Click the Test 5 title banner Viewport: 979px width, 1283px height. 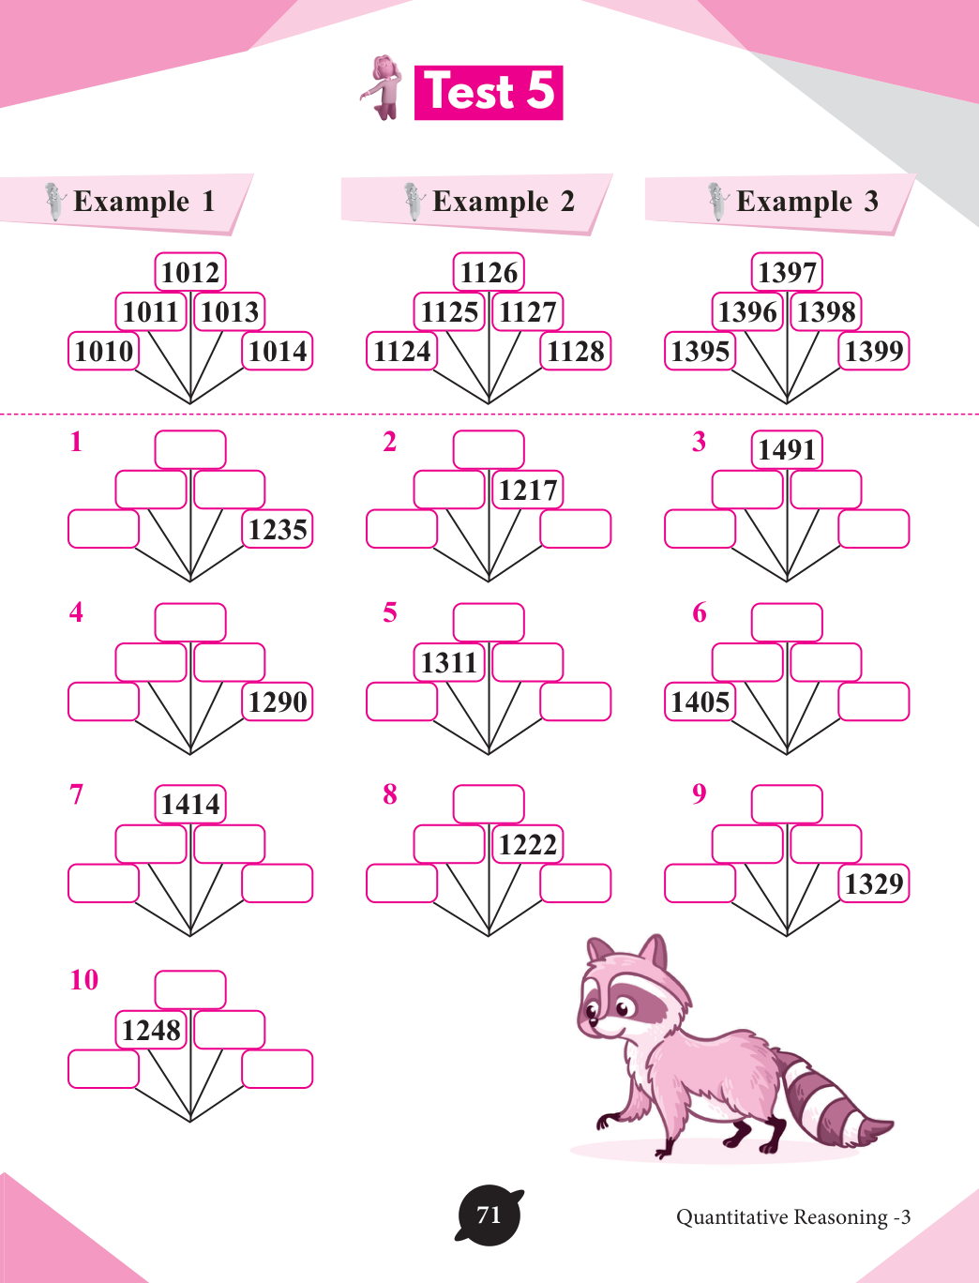pyautogui.click(x=488, y=92)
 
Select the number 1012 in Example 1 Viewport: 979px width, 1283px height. pyautogui.click(x=190, y=273)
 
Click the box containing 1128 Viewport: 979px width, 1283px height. pyautogui.click(x=576, y=352)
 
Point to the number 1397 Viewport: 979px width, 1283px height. pyautogui.click(x=787, y=273)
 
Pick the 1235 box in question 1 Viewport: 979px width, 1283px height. pyautogui.click(x=278, y=530)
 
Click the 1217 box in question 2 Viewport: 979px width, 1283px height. pyautogui.click(x=528, y=491)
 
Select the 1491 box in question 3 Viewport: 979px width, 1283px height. pyautogui.click(x=787, y=450)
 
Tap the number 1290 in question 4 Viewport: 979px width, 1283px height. pyautogui.click(x=278, y=702)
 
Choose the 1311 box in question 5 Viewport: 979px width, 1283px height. pyautogui.click(x=449, y=663)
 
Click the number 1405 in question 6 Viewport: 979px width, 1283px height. pyautogui.click(x=700, y=702)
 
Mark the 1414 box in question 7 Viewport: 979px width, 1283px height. pyautogui.click(x=190, y=805)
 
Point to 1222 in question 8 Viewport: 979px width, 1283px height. pyautogui.click(x=528, y=845)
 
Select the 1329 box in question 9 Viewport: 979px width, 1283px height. pyautogui.click(x=874, y=884)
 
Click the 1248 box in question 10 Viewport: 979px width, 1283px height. pyautogui.click(x=151, y=1031)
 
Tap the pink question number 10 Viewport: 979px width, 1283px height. pyautogui.click(x=83, y=980)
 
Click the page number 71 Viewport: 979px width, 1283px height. pyautogui.click(x=489, y=1215)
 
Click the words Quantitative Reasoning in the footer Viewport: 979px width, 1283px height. pyautogui.click(x=782, y=1217)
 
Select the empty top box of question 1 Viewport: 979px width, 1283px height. pyautogui.click(x=190, y=450)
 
